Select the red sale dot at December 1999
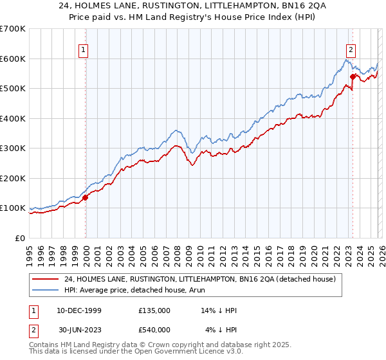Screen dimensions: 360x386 click(86, 197)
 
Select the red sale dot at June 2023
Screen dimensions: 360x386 click(353, 76)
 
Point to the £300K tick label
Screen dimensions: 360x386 click(13, 148)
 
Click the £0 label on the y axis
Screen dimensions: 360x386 click(21, 238)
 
